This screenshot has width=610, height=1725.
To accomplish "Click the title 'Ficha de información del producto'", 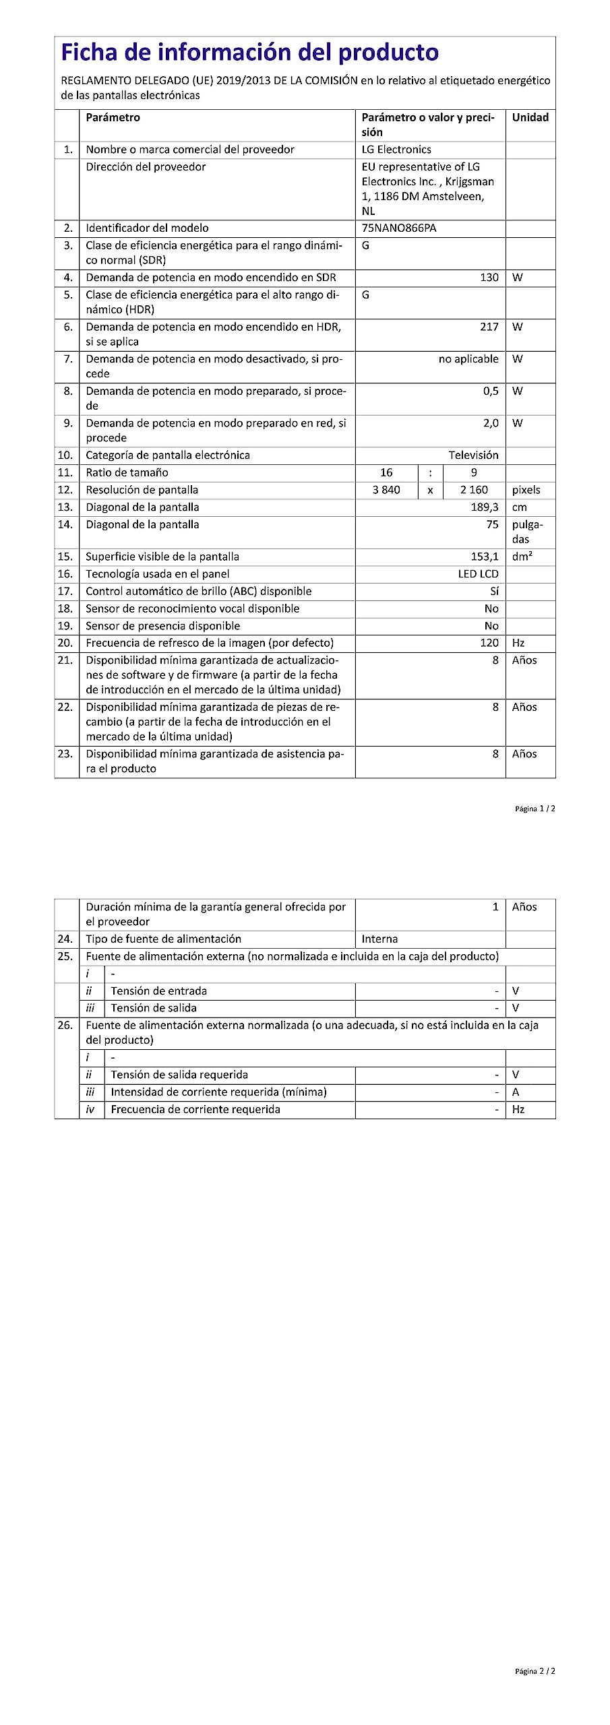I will click(x=250, y=53).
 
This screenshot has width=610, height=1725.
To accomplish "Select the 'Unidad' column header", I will click(x=530, y=118).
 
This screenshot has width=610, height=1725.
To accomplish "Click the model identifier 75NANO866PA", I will click(x=399, y=228).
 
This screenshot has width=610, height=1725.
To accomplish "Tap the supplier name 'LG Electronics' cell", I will click(x=396, y=150).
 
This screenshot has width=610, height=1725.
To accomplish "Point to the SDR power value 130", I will click(x=489, y=278).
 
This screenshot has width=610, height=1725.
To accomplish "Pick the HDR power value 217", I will click(x=489, y=327).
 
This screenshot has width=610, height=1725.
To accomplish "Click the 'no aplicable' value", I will click(x=468, y=359).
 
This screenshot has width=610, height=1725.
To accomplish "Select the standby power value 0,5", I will click(x=491, y=391).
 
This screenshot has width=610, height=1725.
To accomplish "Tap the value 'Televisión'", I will click(x=474, y=456).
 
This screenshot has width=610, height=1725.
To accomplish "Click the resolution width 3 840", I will click(x=386, y=491).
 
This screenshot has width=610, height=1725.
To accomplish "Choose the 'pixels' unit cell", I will click(x=526, y=491).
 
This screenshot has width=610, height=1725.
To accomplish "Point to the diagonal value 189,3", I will click(x=485, y=507).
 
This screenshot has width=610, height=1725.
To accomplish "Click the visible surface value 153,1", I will click(x=485, y=557).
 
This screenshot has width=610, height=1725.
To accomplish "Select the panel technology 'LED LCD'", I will click(x=479, y=574).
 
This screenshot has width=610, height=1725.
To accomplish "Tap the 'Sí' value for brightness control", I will click(x=494, y=592).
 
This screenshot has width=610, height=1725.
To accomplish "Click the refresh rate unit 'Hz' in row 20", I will click(x=518, y=644).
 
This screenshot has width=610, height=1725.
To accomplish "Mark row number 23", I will click(x=65, y=754).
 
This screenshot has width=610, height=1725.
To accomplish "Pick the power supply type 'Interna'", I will click(x=379, y=939).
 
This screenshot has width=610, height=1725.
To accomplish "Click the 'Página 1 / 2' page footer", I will click(x=535, y=809).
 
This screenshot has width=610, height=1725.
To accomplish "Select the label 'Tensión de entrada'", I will click(x=159, y=991).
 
